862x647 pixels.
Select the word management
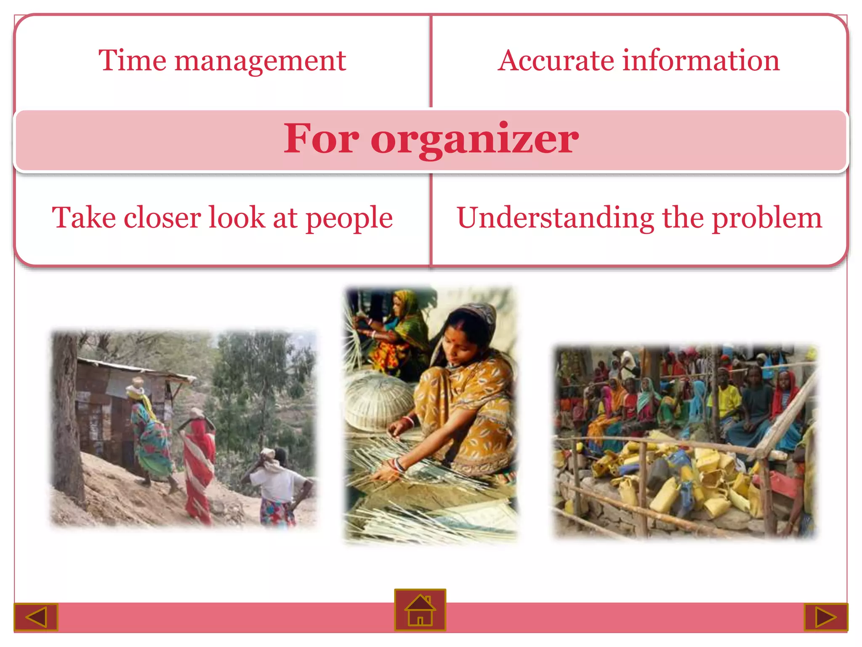click(260, 61)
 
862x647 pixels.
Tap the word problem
click(766, 219)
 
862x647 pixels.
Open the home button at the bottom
click(420, 610)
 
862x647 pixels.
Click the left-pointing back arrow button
click(36, 617)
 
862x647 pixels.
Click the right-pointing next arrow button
click(825, 617)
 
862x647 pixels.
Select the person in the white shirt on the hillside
click(276, 484)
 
